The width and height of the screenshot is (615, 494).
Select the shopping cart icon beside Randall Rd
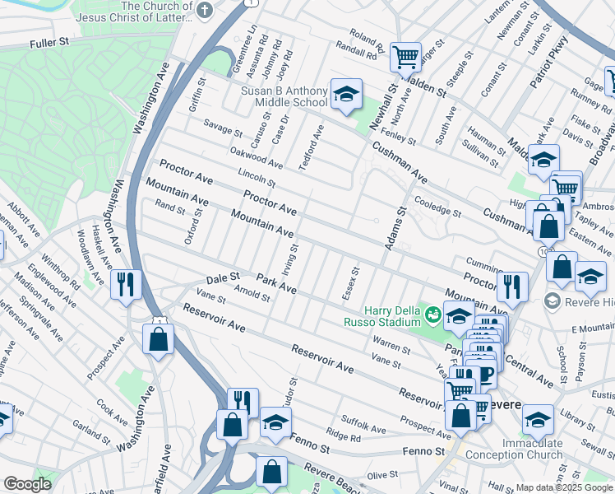point(405,58)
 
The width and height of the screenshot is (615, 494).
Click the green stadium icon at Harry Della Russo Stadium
point(431,314)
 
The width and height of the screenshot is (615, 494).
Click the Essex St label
point(355,282)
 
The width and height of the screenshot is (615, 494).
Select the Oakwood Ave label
point(257,154)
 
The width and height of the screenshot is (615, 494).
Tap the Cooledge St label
point(438,206)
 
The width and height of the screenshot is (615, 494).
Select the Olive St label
point(382,475)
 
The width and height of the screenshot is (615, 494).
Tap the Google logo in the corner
point(26,484)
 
